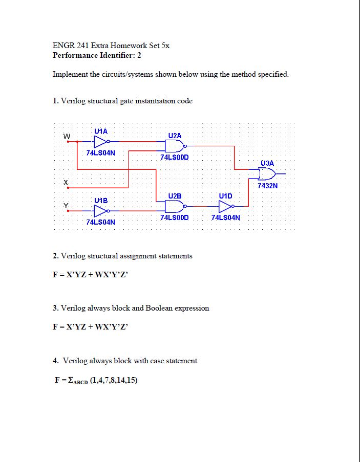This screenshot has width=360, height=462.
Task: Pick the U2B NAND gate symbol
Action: (x=172, y=206)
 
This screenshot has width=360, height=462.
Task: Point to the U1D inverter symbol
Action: (x=225, y=206)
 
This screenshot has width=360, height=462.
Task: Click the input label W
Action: (x=66, y=137)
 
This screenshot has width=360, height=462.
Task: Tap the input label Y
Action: (x=66, y=206)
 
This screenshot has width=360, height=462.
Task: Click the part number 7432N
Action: (x=267, y=186)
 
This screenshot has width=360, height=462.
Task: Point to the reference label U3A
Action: (x=267, y=163)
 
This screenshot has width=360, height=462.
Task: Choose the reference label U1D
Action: (x=225, y=195)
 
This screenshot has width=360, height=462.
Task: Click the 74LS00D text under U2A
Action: (x=174, y=157)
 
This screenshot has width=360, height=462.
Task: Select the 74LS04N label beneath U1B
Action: (x=100, y=223)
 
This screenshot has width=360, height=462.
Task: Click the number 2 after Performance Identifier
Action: (x=139, y=55)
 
